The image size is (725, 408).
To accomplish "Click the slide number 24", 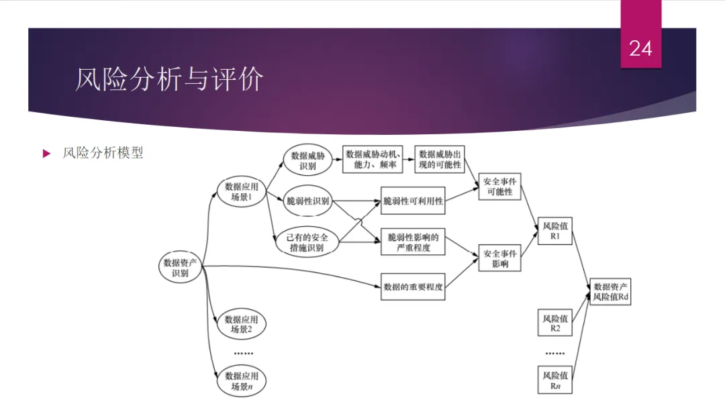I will click(x=640, y=48).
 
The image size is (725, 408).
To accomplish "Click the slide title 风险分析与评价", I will click(x=168, y=79).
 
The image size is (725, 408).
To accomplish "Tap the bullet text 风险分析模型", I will click(x=103, y=153).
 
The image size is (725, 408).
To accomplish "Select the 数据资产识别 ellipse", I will click(x=181, y=268).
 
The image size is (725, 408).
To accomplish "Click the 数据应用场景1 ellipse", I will click(x=242, y=192).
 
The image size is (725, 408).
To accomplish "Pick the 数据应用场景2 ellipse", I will click(x=242, y=324).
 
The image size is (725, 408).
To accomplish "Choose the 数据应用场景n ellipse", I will click(x=242, y=381).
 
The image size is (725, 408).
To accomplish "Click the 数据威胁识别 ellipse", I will click(x=307, y=160).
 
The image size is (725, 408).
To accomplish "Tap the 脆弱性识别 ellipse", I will click(x=308, y=201).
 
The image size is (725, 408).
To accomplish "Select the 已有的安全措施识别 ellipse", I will click(x=307, y=242).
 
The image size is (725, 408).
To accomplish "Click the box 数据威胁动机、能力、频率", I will click(x=373, y=159).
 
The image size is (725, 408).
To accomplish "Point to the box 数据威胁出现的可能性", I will click(x=440, y=159).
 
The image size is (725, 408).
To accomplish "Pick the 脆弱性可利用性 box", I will click(x=413, y=201).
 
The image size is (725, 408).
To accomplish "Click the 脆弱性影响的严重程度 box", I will click(x=413, y=242).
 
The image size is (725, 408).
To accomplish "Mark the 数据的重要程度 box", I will click(x=413, y=287).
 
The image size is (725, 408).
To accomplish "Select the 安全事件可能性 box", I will click(x=500, y=186).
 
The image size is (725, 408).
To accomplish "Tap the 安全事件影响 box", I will click(x=500, y=259).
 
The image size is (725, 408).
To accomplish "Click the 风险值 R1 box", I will click(x=555, y=232).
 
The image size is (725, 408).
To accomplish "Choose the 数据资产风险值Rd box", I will click(x=611, y=291).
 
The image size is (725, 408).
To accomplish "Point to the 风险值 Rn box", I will click(x=555, y=380).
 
